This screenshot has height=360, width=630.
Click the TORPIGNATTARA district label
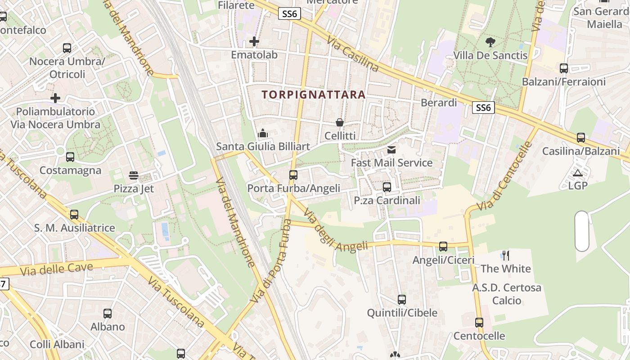coord(313,95)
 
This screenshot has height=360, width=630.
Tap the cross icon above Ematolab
coord(254,42)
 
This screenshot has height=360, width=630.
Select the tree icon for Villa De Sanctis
coord(490,42)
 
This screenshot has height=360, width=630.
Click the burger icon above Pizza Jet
coord(133,175)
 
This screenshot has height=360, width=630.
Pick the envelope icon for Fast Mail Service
coord(391,149)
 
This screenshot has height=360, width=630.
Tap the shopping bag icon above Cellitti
coord(340,122)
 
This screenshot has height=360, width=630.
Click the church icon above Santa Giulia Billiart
coord(263,133)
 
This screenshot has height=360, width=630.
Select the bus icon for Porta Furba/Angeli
coord(293,175)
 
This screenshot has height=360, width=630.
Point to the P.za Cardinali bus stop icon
coord(387,187)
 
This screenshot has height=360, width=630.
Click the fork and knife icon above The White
coord(506,256)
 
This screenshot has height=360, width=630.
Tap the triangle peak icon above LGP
coord(578,173)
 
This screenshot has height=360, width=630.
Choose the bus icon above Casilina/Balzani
coord(581,138)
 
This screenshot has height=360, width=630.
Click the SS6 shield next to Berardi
coord(483,108)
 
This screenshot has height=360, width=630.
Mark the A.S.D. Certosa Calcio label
coord(507,294)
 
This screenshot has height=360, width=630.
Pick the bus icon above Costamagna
coord(70,157)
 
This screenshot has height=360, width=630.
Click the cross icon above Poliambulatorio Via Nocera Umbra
coord(55,98)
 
